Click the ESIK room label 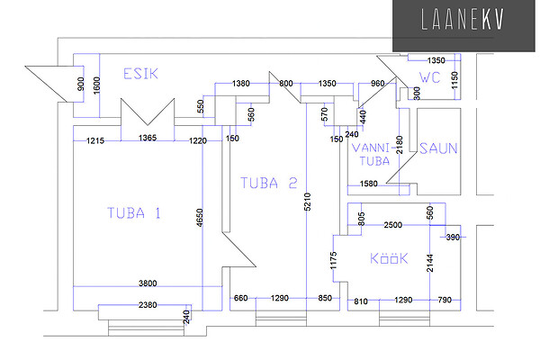click(140, 74)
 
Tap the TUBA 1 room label click(133, 213)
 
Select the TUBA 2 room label click(268, 183)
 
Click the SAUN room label click(438, 149)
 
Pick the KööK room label click(390, 259)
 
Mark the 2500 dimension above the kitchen click(393, 224)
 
